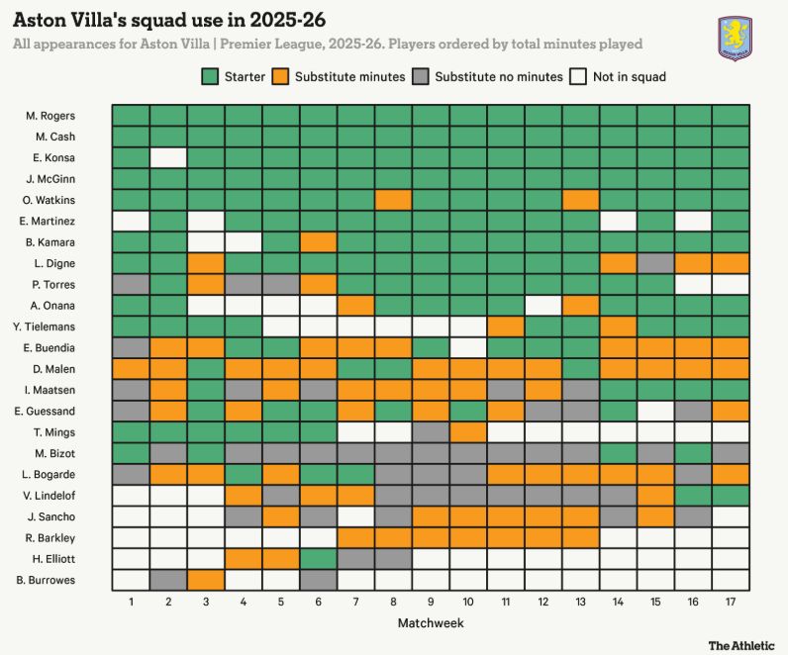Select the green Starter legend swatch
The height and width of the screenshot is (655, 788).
pos(210,76)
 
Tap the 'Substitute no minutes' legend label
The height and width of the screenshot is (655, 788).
pos(498,76)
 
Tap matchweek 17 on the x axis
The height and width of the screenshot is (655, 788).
pos(731,601)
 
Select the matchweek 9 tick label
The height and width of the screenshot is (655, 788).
pos(431,601)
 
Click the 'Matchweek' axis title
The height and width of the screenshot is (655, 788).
pos(431,622)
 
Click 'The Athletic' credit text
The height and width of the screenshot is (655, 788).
pos(740,645)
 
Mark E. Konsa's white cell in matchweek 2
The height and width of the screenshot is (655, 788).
pos(168,157)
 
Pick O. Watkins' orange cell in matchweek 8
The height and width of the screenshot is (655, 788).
pos(393,200)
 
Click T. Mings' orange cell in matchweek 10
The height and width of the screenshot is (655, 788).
pos(468,431)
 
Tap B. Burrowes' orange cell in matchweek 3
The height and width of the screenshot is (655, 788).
pos(206,580)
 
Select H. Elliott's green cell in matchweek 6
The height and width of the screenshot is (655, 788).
pos(318,558)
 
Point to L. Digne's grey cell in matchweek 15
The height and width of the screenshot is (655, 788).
pos(655,263)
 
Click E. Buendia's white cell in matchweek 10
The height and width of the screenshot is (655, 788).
pos(468,347)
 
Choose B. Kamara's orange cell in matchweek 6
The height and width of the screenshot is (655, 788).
pos(318,241)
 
